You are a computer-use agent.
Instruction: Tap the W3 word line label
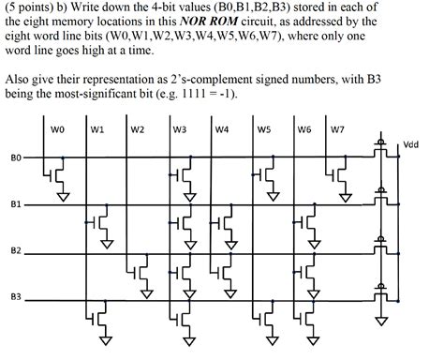[x=181, y=129]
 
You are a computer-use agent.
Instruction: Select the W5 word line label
[x=263, y=129]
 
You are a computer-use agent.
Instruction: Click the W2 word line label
[x=138, y=129]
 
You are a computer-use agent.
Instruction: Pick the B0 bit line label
[x=14, y=158]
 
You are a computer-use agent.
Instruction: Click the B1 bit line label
[x=14, y=203]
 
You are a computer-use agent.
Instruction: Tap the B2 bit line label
[x=14, y=250]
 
